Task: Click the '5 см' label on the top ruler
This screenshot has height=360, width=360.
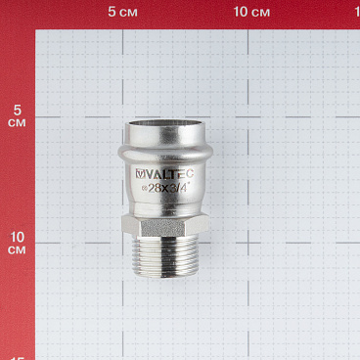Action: coord(122,12)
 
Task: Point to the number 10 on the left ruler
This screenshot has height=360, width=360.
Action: coord(17,238)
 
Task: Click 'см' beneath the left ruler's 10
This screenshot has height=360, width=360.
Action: coord(17,251)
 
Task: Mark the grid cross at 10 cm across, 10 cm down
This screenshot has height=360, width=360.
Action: coord(251,246)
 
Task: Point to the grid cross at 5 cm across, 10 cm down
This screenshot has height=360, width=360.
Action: coord(122,246)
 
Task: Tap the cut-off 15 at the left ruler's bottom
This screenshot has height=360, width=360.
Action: coord(17,356)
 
